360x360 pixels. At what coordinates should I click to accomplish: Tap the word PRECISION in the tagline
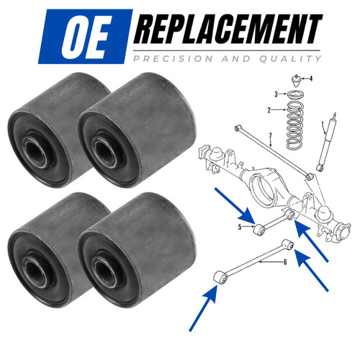(174, 59)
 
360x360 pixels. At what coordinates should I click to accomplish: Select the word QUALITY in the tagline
(291, 59)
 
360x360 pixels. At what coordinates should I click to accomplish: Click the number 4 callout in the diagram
(311, 78)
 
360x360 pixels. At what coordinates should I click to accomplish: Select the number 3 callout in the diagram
(276, 94)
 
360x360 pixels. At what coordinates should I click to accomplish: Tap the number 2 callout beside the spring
(269, 110)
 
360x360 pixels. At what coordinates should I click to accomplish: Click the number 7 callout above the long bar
(270, 136)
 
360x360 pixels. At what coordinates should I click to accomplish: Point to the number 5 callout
(240, 227)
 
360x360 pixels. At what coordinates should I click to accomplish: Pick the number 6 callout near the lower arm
(285, 262)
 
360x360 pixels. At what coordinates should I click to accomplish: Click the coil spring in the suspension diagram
(295, 125)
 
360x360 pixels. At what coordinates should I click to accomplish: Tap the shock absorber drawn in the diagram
(327, 142)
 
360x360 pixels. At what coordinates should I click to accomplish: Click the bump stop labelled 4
(297, 82)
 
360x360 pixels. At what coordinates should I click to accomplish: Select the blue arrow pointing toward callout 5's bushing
(235, 206)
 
